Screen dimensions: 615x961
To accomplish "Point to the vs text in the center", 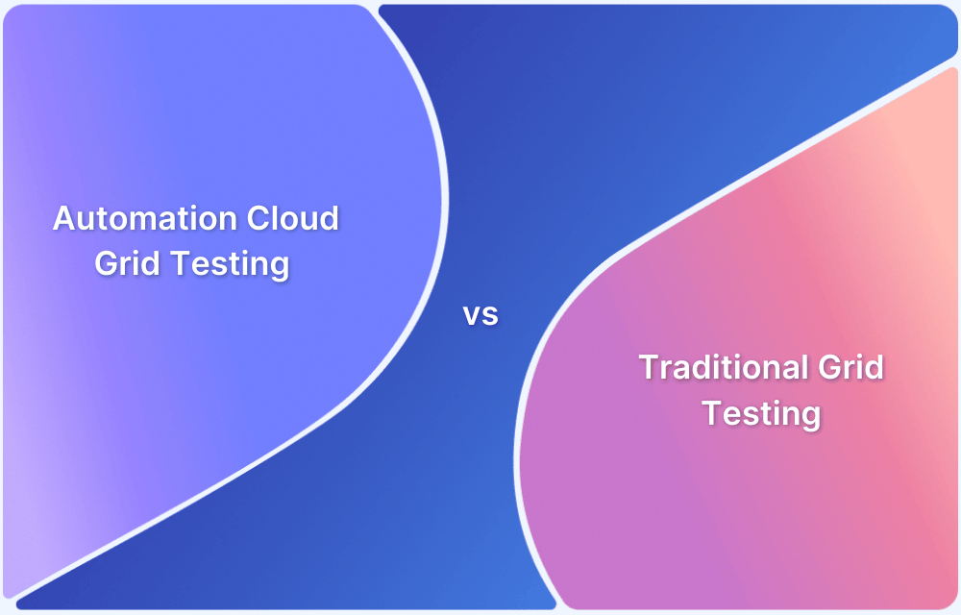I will (480, 314).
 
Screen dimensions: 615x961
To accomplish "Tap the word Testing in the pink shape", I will (761, 414).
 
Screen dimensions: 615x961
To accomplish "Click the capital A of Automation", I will (63, 218).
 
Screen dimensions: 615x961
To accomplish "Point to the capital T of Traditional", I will (649, 367).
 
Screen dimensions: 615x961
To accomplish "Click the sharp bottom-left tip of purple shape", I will (12, 598).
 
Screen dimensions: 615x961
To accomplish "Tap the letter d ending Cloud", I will (329, 218).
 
